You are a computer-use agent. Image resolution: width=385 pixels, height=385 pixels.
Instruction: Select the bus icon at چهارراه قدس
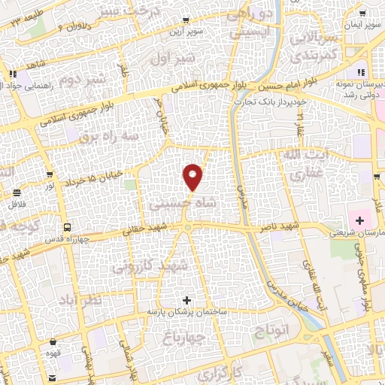(x=68, y=226)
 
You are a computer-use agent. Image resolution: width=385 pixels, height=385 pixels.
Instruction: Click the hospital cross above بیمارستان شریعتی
(x=359, y=222)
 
